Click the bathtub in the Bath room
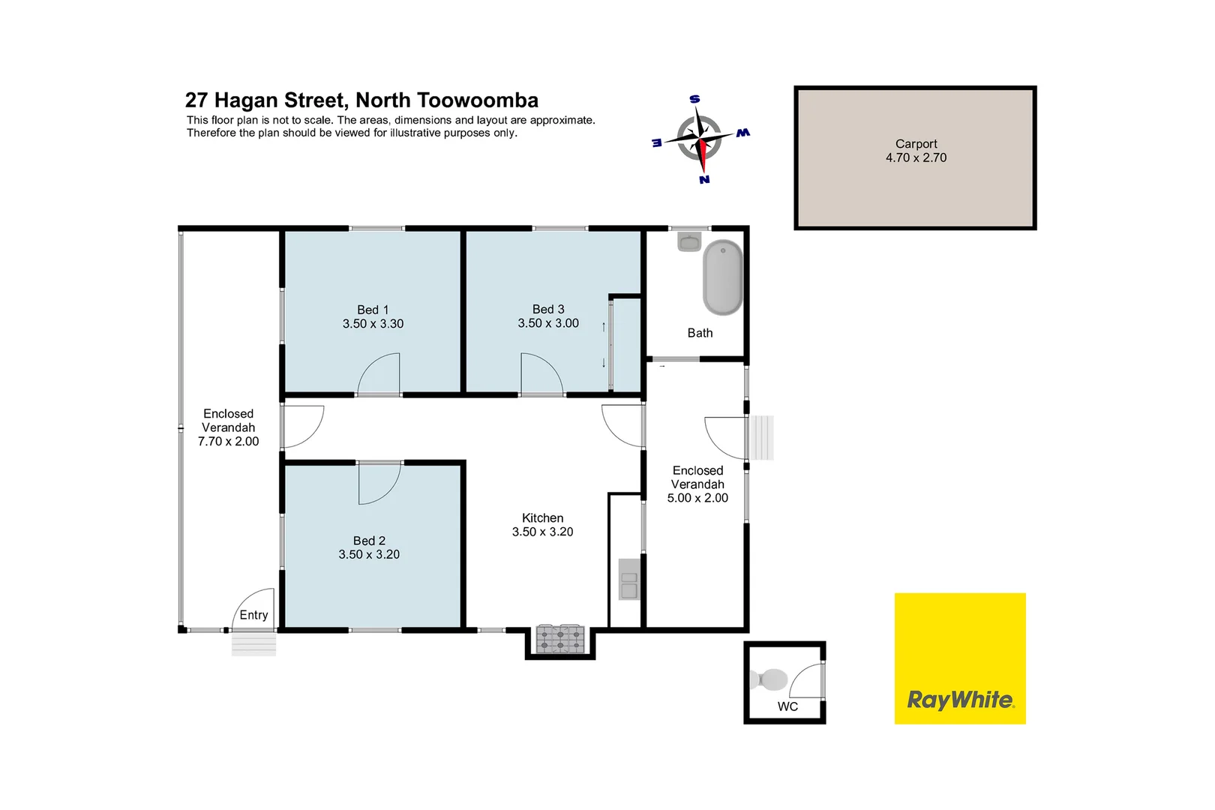[x=722, y=277]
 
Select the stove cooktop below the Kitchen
[x=559, y=639]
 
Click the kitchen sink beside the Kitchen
[x=628, y=579]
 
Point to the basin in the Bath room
[x=688, y=241]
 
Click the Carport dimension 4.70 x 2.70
[x=916, y=157]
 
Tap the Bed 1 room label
[x=373, y=310]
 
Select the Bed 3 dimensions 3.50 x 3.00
[x=548, y=323]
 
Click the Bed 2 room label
[x=369, y=541]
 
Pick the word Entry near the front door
[x=253, y=615]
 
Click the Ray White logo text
[x=960, y=700]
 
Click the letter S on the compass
[x=694, y=100]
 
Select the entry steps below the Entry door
[x=253, y=644]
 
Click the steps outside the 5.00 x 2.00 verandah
[x=763, y=437]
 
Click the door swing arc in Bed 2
[x=380, y=484]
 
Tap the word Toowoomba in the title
[x=477, y=100]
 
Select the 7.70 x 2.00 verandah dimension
[x=228, y=442]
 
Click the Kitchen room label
[x=542, y=518]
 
